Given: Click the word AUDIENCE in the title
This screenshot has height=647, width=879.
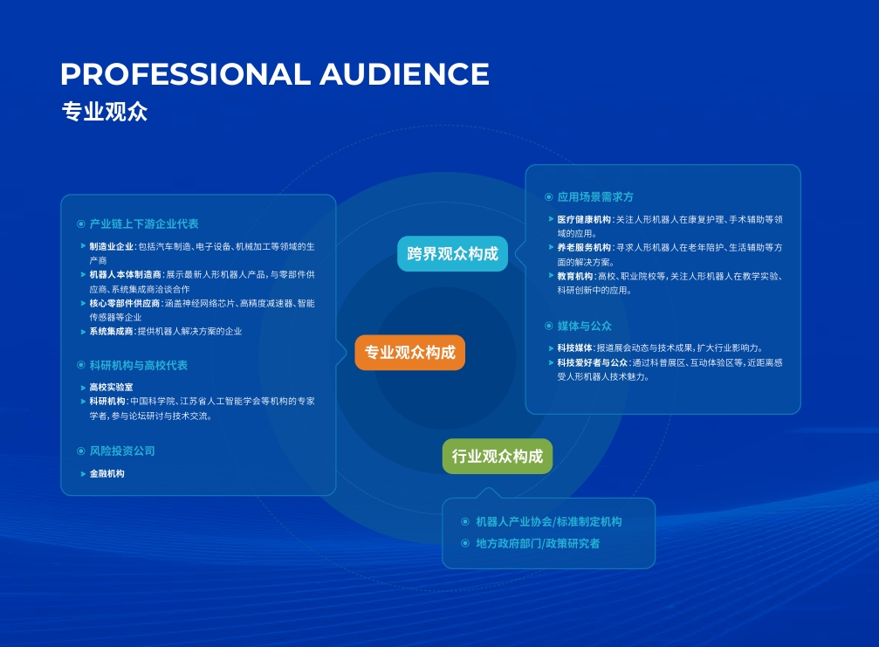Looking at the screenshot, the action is (x=405, y=74).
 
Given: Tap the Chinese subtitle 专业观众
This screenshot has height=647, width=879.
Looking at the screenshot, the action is (x=104, y=112).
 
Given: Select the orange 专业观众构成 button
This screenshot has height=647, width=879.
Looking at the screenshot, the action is (x=409, y=353).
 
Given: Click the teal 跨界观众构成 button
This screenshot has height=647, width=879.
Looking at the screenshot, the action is (x=452, y=254).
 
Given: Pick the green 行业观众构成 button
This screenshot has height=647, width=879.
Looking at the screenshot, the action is (x=498, y=457).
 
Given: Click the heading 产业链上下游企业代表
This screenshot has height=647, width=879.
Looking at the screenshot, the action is (x=144, y=224).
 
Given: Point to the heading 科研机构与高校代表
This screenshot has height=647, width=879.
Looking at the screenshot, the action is (x=139, y=366).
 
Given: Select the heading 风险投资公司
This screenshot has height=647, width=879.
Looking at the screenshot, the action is (x=122, y=451).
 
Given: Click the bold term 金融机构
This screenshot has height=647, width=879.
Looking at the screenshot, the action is (x=107, y=474).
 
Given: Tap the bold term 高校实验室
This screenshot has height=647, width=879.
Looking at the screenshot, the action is (x=111, y=388).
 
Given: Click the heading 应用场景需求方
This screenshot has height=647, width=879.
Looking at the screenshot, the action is (x=595, y=196).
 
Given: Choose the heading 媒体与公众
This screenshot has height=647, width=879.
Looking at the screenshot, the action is (x=584, y=326).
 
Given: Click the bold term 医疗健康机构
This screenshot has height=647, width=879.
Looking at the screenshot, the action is (x=584, y=220).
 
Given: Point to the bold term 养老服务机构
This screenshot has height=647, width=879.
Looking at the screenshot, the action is (x=584, y=248).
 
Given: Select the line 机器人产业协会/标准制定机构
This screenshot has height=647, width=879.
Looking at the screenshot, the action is (x=549, y=522).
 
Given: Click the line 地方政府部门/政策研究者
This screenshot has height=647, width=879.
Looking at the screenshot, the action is (x=538, y=543).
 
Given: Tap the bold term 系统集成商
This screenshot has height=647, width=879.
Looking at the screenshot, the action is (x=111, y=331).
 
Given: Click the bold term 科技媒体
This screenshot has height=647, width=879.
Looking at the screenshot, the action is (x=574, y=348).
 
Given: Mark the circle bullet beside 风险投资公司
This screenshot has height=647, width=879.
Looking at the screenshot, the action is (x=80, y=451).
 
